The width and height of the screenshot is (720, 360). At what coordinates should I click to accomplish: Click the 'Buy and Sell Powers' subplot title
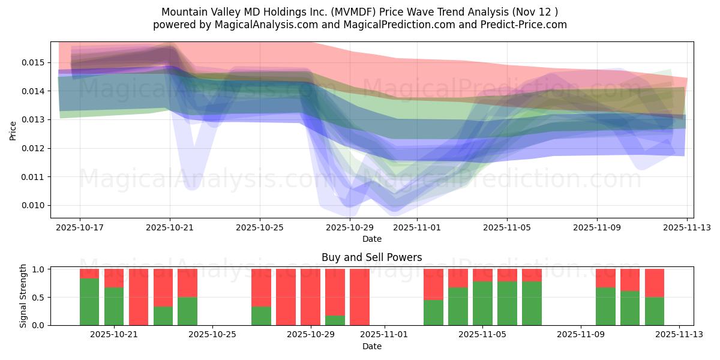371,257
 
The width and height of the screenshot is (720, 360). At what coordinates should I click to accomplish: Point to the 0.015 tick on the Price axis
34,62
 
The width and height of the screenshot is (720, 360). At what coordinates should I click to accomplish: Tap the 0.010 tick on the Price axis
34,205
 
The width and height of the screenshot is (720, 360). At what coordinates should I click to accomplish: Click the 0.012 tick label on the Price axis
34,148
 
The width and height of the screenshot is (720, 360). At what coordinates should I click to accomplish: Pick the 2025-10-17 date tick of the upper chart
80,227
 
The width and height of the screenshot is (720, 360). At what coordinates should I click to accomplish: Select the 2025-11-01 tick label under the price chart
417,227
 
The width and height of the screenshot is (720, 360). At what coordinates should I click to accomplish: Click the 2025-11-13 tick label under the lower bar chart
679,335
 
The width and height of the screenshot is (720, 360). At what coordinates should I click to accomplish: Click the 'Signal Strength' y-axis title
23,296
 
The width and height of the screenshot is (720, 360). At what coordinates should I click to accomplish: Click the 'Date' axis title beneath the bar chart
371,346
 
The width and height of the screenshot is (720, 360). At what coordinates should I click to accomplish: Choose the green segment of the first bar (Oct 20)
89,302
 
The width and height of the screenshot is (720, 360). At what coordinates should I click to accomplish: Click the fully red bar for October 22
139,297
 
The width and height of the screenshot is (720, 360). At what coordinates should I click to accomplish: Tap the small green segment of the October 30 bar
335,320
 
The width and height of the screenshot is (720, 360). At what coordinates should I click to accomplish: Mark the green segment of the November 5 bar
482,304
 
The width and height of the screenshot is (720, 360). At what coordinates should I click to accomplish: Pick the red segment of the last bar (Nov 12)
655,283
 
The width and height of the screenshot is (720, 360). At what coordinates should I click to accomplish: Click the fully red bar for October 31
359,297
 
